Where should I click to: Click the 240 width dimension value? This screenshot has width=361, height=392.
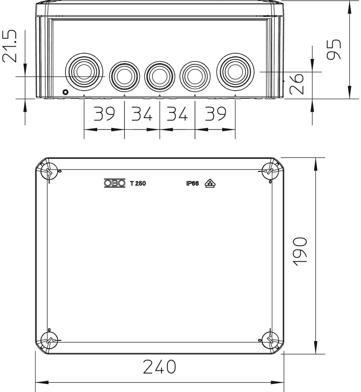pyautogui.click(x=160, y=367)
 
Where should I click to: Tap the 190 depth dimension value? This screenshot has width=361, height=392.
pyautogui.click(x=300, y=252)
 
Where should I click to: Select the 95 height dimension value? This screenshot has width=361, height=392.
pyautogui.click(x=334, y=49)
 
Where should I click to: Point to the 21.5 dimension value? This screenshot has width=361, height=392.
pyautogui.click(x=9, y=46)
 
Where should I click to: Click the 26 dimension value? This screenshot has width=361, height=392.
pyautogui.click(x=297, y=84)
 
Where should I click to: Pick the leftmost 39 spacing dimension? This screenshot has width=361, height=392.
pyautogui.click(x=104, y=114)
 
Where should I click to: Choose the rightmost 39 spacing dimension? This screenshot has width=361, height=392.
pyautogui.click(x=215, y=114)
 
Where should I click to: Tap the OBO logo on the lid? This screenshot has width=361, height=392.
pyautogui.click(x=115, y=183)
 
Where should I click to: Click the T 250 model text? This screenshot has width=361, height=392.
pyautogui.click(x=138, y=183)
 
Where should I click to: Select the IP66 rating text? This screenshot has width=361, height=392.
pyautogui.click(x=193, y=183)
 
